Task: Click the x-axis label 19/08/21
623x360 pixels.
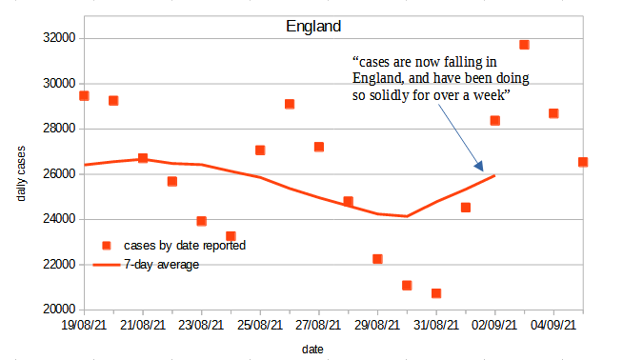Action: pyautogui.click(x=85, y=326)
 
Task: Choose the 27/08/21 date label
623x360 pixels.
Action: pyautogui.click(x=319, y=326)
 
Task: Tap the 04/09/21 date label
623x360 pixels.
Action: pyautogui.click(x=553, y=326)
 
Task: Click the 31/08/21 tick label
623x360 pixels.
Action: pyautogui.click(x=436, y=326)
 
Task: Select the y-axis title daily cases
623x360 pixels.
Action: pyautogui.click(x=21, y=173)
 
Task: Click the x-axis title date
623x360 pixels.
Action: pyautogui.click(x=312, y=350)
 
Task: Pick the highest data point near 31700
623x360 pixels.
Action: pyautogui.click(x=524, y=45)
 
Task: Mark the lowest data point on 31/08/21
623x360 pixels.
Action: pyautogui.click(x=436, y=293)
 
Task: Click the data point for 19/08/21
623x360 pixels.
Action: pyautogui.click(x=85, y=95)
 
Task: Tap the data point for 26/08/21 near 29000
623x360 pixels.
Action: pyautogui.click(x=290, y=104)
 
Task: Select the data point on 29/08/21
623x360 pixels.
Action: pyautogui.click(x=377, y=259)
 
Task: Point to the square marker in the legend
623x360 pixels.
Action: pyautogui.click(x=107, y=246)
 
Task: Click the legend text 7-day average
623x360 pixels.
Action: pyautogui.click(x=161, y=264)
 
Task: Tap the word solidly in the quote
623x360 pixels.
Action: pyautogui.click(x=381, y=97)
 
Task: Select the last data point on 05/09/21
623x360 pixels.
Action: pyautogui.click(x=583, y=162)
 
